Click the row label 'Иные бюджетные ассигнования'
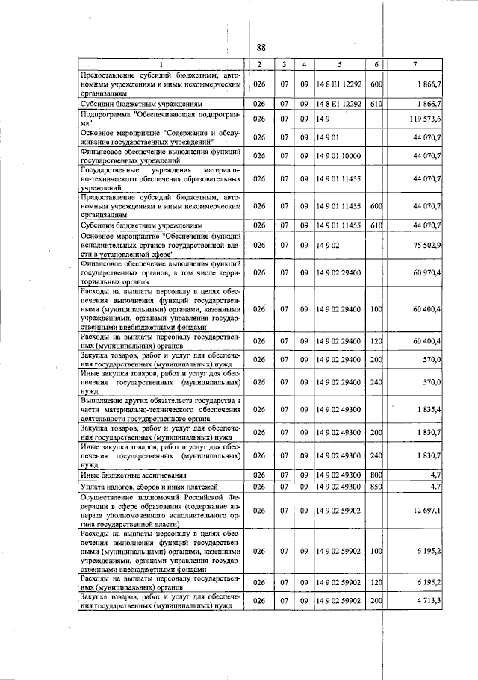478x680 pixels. pos(134,475)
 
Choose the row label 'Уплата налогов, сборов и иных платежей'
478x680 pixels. pos(149,487)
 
